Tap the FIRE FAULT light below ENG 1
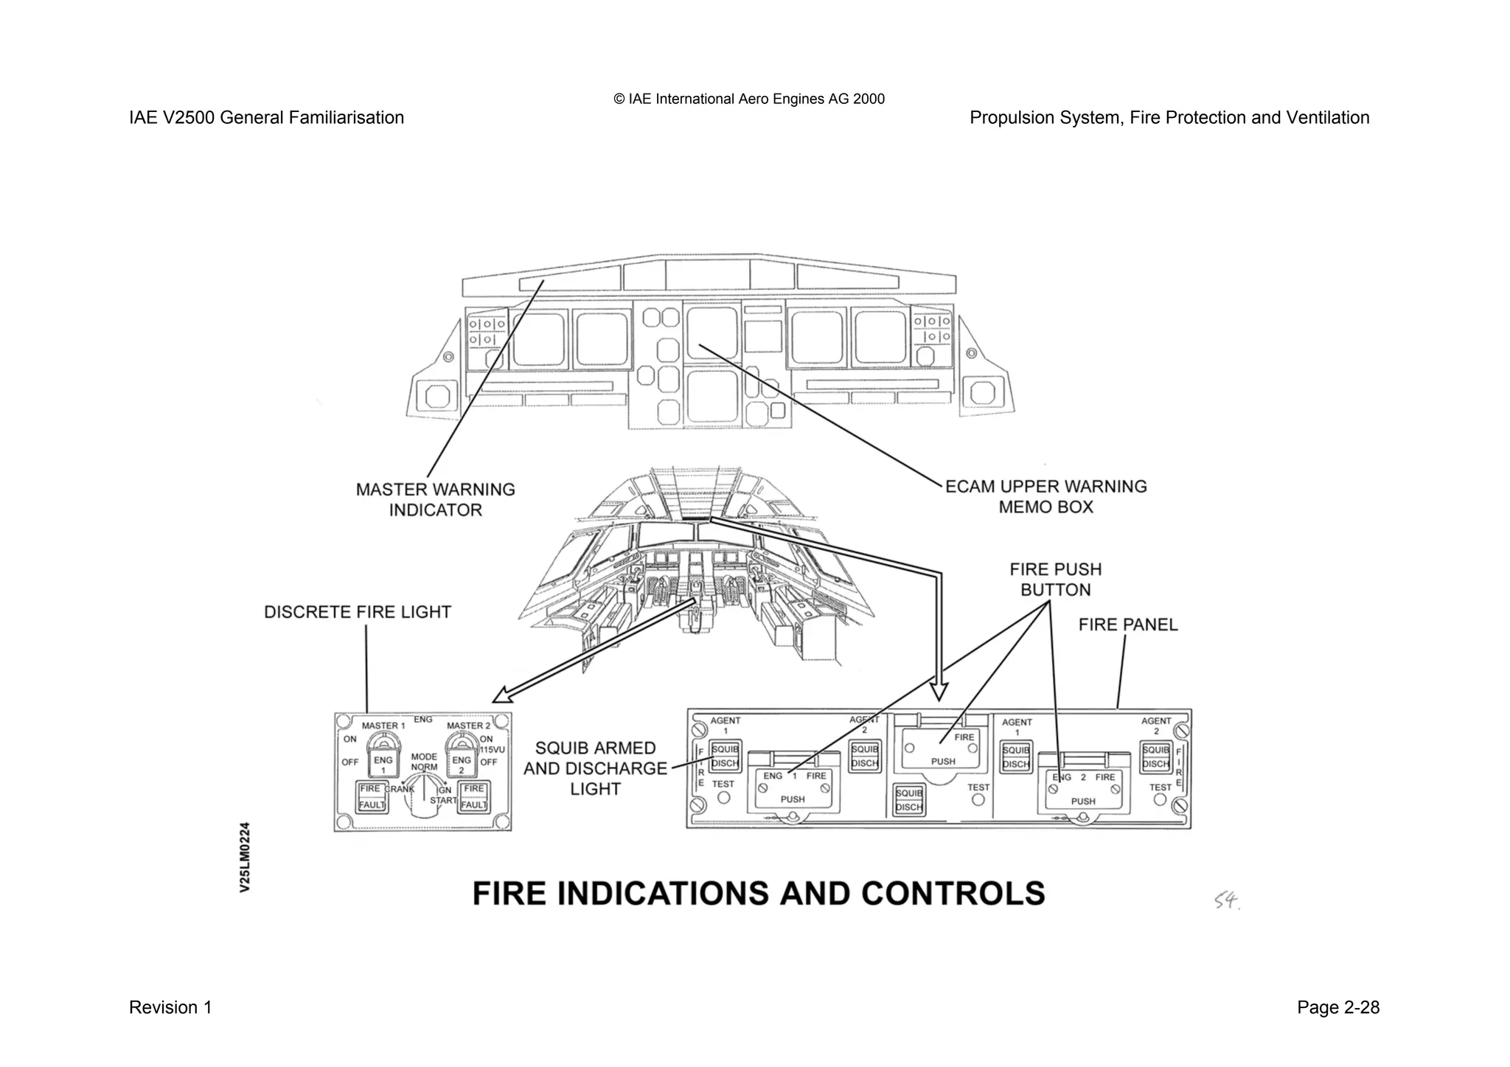point(372,796)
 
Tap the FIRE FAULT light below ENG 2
point(473,796)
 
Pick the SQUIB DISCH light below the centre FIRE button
point(908,800)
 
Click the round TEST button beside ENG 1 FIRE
point(723,797)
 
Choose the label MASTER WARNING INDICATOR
point(435,500)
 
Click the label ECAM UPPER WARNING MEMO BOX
point(1045,496)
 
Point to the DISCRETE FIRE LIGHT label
point(358,612)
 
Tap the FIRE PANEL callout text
point(1127,625)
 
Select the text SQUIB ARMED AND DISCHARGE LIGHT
point(595,768)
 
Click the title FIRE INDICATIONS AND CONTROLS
point(759,893)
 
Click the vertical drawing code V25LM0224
point(246,857)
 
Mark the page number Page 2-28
point(1337,1007)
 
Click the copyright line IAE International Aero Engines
point(749,99)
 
